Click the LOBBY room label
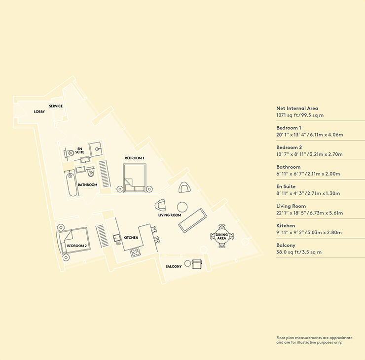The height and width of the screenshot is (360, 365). click(39, 112)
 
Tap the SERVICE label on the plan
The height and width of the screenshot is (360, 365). click(56, 106)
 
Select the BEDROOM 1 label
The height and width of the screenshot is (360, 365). click(135, 158)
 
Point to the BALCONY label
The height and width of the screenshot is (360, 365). click(174, 266)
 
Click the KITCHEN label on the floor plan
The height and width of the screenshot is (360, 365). click(131, 238)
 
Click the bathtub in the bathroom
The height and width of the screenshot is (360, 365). click(72, 184)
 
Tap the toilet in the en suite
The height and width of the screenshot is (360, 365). click(69, 153)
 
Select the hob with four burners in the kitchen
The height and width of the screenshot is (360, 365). click(135, 252)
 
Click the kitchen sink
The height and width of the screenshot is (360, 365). click(116, 238)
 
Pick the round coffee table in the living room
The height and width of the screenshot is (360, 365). click(182, 207)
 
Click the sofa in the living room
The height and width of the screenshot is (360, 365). click(193, 220)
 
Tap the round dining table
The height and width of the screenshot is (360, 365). click(221, 236)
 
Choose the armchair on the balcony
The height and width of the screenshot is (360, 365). click(197, 264)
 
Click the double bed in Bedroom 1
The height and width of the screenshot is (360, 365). click(135, 178)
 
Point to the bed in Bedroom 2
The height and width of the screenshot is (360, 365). click(73, 240)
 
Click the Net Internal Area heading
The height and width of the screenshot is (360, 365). click(297, 108)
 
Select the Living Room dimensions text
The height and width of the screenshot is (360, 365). click(310, 213)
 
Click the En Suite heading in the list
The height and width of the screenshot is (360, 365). click(286, 186)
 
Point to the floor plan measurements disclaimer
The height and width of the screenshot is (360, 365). click(314, 340)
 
